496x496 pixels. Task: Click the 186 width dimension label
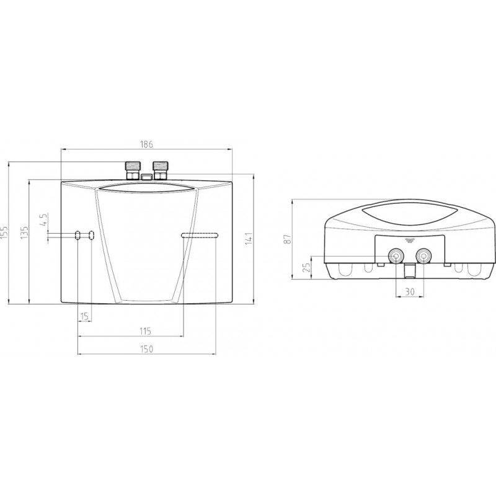(x=146, y=144)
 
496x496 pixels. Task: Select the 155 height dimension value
(x=4, y=232)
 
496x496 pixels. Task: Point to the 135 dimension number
(x=25, y=232)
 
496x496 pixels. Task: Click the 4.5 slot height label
(x=43, y=219)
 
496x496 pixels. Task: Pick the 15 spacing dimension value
(x=84, y=316)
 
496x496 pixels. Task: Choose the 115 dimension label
(x=146, y=331)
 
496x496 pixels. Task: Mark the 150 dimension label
(x=146, y=349)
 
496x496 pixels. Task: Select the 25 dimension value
(x=306, y=268)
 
